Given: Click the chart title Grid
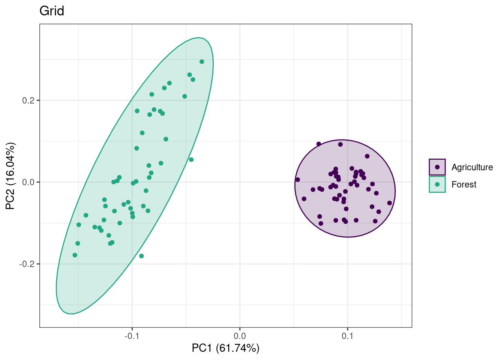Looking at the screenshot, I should [52, 11].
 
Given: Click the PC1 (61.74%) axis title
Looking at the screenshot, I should [225, 348].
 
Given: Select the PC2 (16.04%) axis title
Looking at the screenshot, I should [10, 176].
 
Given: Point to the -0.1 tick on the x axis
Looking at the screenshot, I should [132, 335].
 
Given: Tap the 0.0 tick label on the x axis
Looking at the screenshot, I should [240, 335].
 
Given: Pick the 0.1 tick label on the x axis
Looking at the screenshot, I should [348, 335].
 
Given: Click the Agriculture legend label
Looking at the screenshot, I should [472, 167].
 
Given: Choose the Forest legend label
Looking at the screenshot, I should [463, 184].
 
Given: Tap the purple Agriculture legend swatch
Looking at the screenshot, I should [437, 167].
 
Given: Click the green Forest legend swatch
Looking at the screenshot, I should [437, 184].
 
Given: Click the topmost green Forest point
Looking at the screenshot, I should [202, 61].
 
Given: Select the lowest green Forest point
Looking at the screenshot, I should [141, 256].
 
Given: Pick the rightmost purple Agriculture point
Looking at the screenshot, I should [390, 203].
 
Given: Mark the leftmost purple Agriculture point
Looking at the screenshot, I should [298, 180].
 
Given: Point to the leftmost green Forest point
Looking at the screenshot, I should [75, 255].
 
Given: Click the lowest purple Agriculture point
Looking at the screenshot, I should [321, 223].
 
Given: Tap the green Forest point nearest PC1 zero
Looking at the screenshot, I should [202, 61].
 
